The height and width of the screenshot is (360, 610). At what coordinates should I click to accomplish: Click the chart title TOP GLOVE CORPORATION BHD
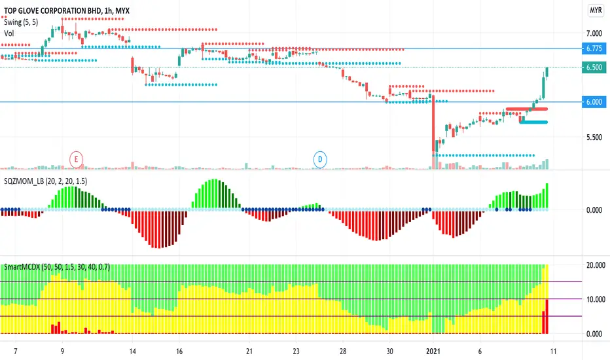pos(52,11)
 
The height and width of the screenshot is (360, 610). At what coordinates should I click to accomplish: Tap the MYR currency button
pos(596,10)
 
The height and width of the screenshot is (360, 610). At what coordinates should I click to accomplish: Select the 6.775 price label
pos(594,48)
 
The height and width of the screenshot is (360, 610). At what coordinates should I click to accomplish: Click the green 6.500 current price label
pos(594,67)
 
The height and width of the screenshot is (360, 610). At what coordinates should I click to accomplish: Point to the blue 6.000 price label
pos(594,102)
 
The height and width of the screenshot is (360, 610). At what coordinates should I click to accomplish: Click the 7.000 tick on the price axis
pos(594,33)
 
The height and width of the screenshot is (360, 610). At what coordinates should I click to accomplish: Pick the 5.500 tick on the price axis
pos(594,137)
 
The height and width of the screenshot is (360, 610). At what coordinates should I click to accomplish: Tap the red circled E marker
pos(76,159)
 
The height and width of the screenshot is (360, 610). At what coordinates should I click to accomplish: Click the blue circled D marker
pos(320,159)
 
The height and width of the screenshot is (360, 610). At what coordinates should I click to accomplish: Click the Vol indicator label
pos(9,33)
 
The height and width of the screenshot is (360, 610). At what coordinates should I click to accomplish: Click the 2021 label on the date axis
pos(433,351)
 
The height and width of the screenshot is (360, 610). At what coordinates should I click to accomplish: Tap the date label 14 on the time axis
pos(133,351)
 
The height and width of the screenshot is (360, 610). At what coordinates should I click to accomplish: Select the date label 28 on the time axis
pos(343,351)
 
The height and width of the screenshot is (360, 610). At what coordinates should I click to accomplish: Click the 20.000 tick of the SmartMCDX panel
pos(596,266)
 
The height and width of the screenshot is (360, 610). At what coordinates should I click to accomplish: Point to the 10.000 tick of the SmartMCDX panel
pos(596,299)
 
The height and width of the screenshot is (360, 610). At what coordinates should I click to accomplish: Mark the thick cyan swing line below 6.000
pos(533,122)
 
